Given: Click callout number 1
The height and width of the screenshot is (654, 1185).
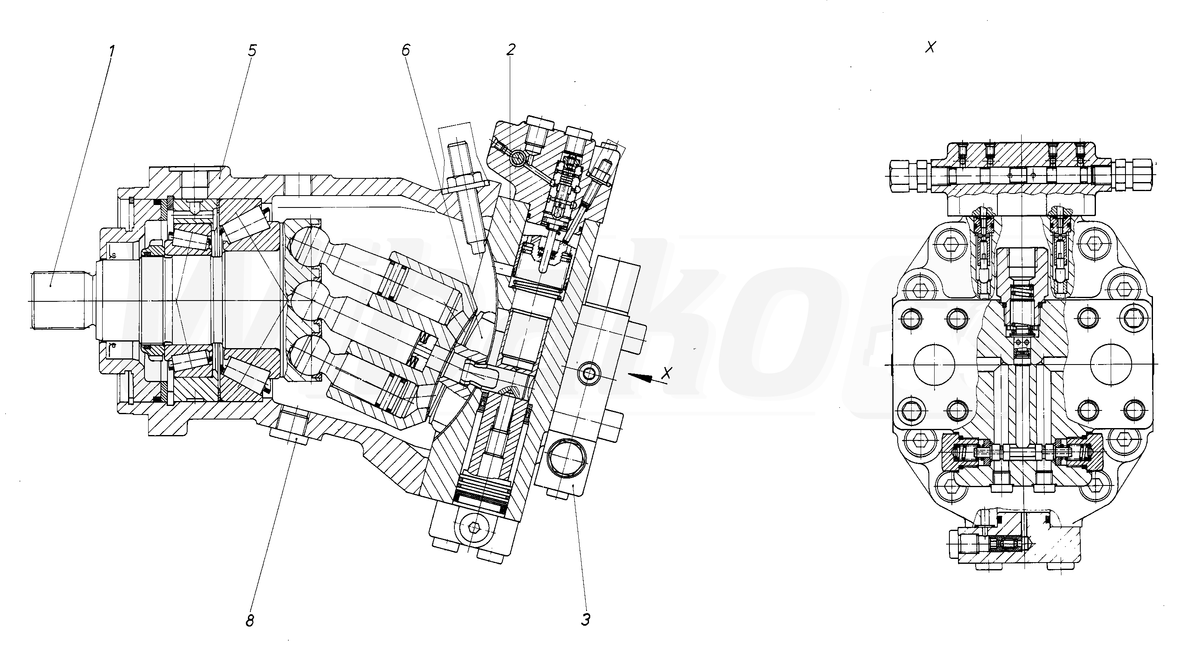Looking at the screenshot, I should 112,50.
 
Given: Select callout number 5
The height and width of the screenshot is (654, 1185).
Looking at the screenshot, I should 251,51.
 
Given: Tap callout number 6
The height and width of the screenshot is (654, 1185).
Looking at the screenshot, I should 405,50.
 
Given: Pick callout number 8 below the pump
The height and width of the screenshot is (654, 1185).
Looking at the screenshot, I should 250,621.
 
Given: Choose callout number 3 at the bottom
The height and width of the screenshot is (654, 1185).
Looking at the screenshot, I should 585,620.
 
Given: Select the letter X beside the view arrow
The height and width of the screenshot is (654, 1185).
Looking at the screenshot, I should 667,373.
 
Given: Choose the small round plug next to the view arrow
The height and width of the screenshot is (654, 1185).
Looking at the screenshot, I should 589,374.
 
